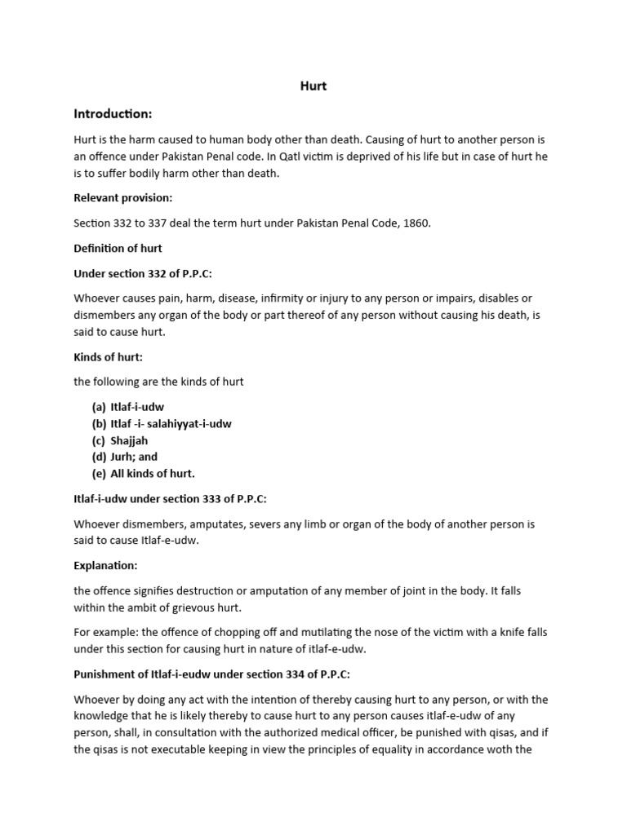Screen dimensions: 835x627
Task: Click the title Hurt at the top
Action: (313, 85)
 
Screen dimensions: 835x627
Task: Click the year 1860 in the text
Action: (415, 223)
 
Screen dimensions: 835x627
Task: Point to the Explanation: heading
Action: (106, 564)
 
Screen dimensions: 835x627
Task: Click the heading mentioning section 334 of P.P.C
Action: (211, 674)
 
